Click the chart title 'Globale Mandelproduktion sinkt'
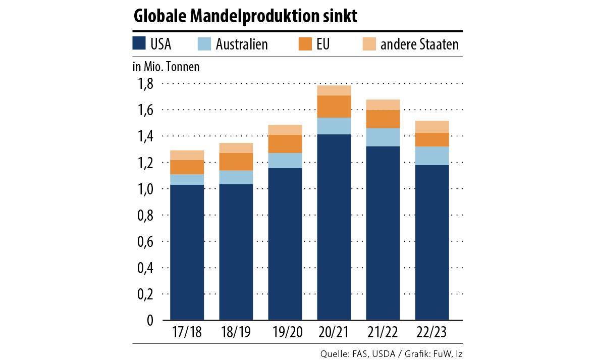245,17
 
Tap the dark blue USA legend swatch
139,44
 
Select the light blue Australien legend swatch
204,44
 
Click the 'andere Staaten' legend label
419,44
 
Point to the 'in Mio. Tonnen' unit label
166,67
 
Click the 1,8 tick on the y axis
146,84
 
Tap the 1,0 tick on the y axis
146,189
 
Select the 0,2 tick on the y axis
146,294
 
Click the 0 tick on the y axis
150,320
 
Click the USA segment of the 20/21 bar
334,227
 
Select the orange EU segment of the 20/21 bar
334,107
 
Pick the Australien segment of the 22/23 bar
431,156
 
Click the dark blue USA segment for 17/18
187,252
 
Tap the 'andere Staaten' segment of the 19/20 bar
285,130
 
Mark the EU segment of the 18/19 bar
236,162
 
